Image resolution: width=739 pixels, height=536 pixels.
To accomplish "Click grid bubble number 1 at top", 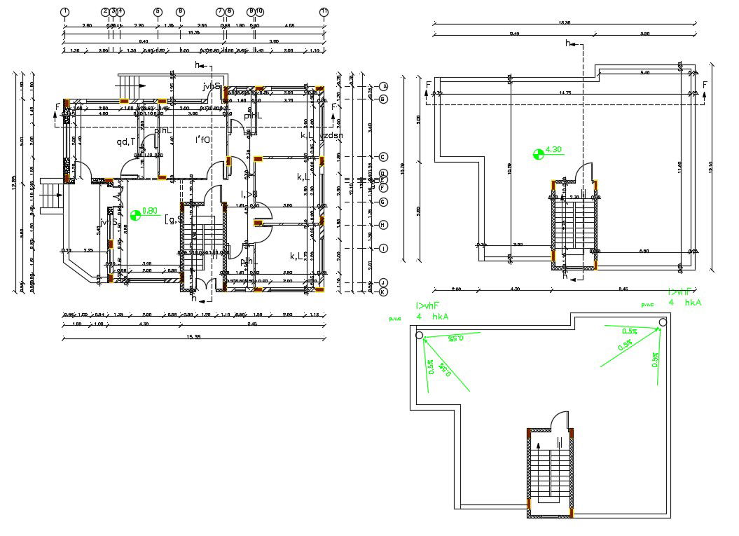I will click(64, 12).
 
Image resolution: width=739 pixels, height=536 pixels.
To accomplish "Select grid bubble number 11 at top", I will click(324, 12).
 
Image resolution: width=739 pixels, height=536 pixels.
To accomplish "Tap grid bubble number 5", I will click(158, 12).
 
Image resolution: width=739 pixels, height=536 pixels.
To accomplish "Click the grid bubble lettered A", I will click(383, 86).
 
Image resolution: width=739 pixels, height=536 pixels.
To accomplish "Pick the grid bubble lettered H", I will click(383, 225).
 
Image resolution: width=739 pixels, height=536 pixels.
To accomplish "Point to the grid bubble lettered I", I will click(383, 248).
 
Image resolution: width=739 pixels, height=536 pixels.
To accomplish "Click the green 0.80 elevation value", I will click(150, 210).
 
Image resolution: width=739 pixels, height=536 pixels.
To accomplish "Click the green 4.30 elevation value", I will click(553, 149).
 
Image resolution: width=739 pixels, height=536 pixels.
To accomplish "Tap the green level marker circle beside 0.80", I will click(136, 214).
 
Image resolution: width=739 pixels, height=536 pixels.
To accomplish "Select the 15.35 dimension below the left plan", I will click(193, 337).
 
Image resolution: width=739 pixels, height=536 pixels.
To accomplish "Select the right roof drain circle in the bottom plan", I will click(662, 323).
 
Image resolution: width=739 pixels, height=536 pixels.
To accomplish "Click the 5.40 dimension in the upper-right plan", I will click(645, 72).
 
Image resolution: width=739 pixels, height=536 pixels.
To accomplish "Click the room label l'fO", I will click(203, 139).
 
